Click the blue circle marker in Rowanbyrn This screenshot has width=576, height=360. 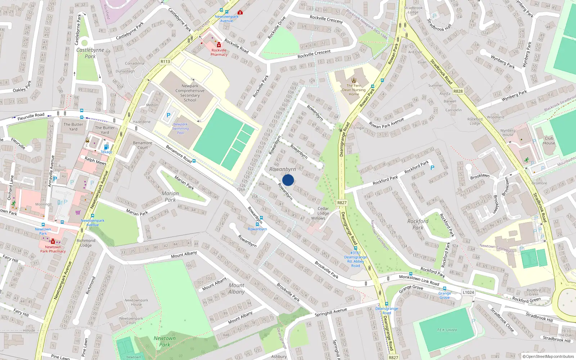coord(288,180)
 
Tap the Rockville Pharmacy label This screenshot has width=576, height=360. coord(219,53)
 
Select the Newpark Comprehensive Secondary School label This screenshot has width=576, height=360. coord(190,93)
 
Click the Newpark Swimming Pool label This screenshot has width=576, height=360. coord(180,129)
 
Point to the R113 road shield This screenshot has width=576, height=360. coord(165,62)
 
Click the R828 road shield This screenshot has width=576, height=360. coord(458,91)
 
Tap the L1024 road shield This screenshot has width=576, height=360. coord(468,292)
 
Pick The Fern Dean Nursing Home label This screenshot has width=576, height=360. coord(354,90)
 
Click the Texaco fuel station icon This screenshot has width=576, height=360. coord(106,147)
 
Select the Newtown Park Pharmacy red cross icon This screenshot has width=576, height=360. coord(53,242)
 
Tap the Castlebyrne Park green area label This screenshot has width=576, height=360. coord(90,53)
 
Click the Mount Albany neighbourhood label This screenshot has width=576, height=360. coord(236,288)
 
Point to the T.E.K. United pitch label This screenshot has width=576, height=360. coord(447,330)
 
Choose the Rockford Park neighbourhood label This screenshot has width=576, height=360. coord(418,224)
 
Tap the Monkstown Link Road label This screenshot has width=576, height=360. coord(419,280)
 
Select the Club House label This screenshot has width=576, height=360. coord(549,140)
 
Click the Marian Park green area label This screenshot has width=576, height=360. coord(170,197)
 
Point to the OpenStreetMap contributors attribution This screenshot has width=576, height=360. coord(548,357)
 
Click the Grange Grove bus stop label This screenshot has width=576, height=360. coord(445,296)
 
